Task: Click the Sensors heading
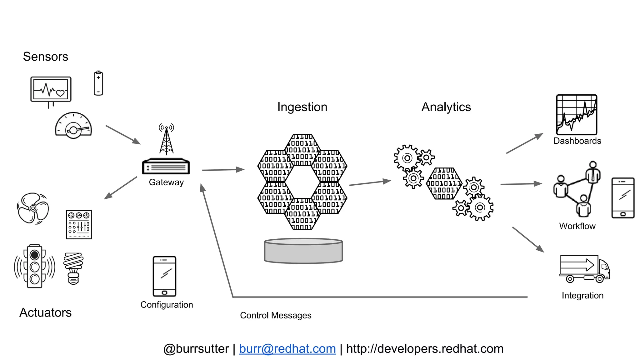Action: click(x=45, y=57)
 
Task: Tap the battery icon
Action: click(x=98, y=83)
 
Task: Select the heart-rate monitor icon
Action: click(x=51, y=90)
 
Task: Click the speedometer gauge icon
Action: click(x=73, y=126)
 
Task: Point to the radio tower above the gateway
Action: click(x=166, y=139)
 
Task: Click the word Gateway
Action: click(x=166, y=182)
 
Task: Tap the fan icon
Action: click(x=33, y=208)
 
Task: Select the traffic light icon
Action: click(x=34, y=266)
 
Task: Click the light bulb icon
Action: click(x=73, y=268)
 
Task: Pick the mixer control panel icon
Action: click(x=79, y=225)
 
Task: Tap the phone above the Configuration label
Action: click(x=164, y=276)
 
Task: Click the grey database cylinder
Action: click(x=303, y=251)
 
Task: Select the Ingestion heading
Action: click(x=302, y=107)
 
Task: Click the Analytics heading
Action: click(x=446, y=107)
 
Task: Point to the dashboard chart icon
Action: click(x=577, y=115)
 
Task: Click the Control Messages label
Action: click(x=276, y=315)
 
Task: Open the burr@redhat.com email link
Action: click(x=287, y=349)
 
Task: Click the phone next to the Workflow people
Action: click(x=623, y=198)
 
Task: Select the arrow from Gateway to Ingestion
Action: click(x=223, y=170)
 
